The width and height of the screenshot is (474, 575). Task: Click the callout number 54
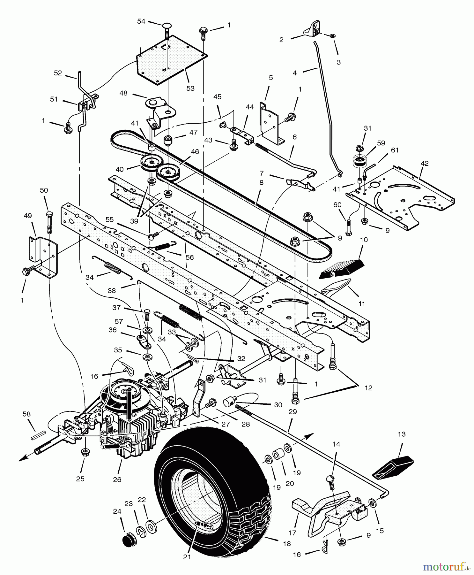click(141, 21)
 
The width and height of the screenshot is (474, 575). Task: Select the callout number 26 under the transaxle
click(117, 479)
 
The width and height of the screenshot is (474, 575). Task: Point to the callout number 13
click(402, 434)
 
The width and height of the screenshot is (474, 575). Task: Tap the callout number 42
click(425, 163)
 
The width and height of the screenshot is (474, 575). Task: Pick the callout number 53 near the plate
click(190, 88)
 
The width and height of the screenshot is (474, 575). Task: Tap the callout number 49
click(28, 216)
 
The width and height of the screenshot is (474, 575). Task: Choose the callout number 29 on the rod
click(293, 412)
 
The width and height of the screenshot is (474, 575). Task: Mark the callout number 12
click(368, 388)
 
